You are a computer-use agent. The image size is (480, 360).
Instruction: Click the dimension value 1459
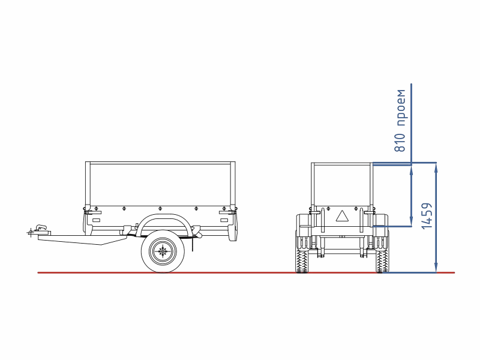click(x=427, y=215)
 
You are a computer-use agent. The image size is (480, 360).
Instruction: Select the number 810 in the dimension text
click(x=400, y=143)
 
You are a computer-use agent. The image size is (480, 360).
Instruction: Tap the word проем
click(x=400, y=108)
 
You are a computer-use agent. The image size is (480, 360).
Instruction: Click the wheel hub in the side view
click(x=163, y=251)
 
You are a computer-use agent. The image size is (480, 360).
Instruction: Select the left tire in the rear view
click(x=302, y=260)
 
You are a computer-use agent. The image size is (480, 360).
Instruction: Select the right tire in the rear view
click(x=382, y=260)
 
